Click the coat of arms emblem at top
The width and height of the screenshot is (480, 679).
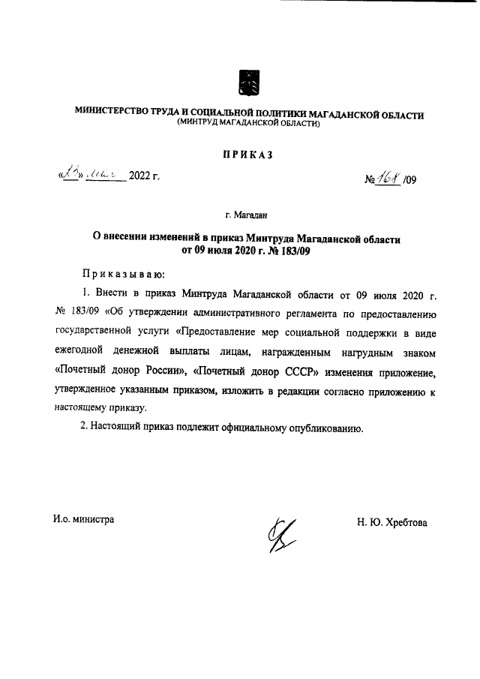(249, 82)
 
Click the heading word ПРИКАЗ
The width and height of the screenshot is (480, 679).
(248, 155)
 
